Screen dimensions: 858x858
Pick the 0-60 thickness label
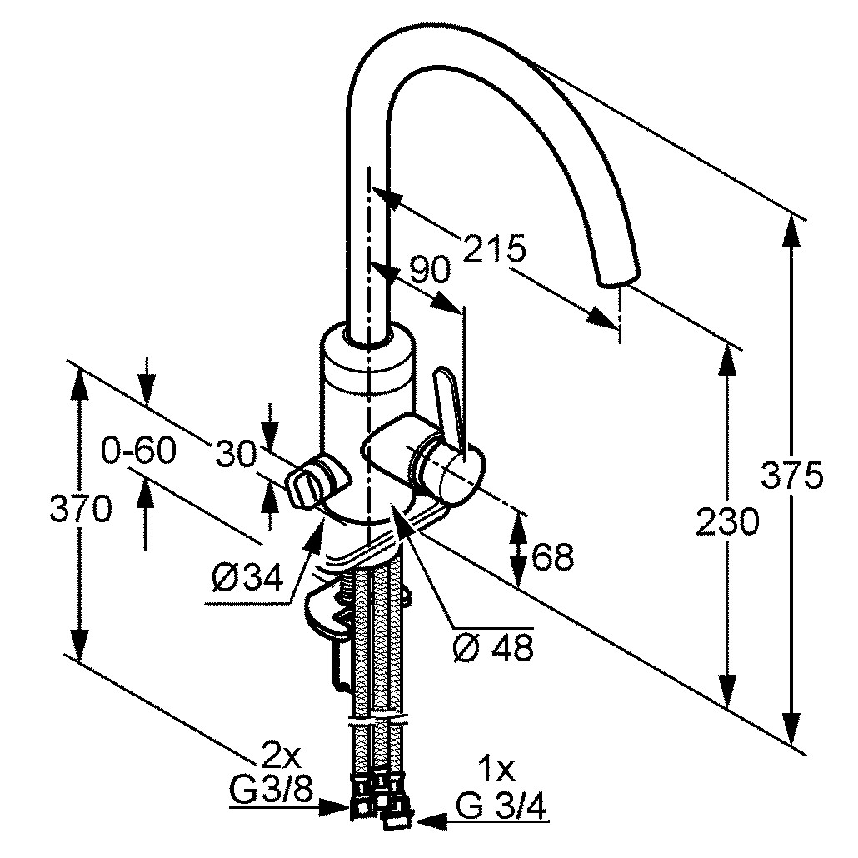(139, 451)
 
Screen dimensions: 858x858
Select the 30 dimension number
(237, 454)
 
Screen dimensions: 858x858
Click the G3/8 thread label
(271, 790)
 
